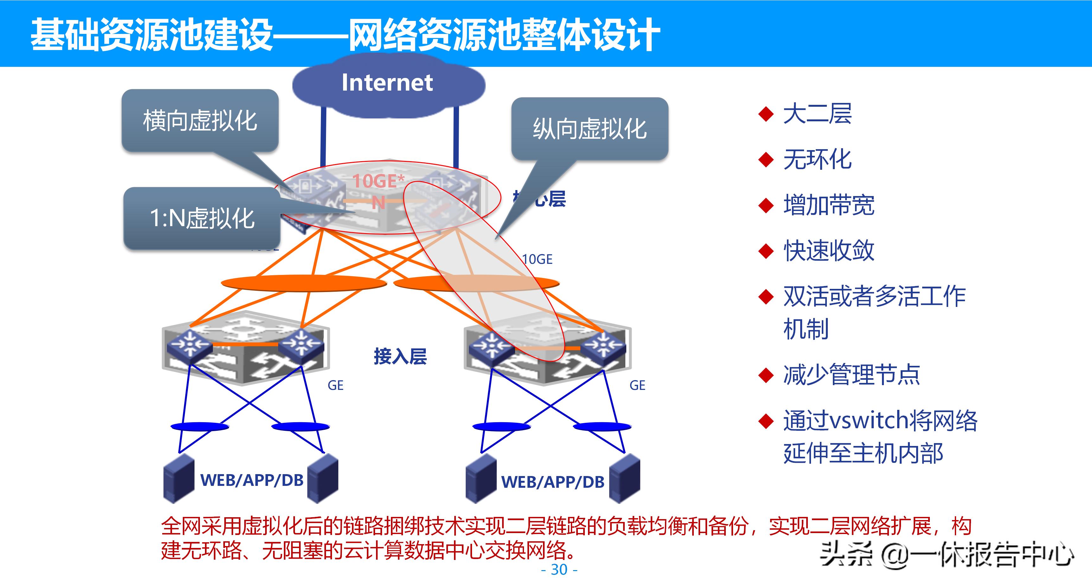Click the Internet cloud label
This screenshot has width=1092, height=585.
click(x=387, y=82)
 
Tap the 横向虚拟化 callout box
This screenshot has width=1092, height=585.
click(x=200, y=120)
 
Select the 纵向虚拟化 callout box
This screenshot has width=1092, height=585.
click(x=590, y=129)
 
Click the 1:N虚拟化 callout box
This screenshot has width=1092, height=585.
click(x=202, y=218)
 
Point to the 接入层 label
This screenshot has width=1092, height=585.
click(x=400, y=356)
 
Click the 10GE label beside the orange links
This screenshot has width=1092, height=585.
click(x=537, y=259)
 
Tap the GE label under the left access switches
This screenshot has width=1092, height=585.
click(x=335, y=385)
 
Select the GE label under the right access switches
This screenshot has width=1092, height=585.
click(x=637, y=385)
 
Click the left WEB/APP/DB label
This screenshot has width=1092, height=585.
click(x=252, y=480)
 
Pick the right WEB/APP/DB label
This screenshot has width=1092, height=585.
click(x=553, y=482)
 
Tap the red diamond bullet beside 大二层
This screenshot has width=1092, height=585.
click(x=766, y=114)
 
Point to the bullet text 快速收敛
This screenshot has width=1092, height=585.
click(x=829, y=251)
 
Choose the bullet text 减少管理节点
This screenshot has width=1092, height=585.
click(x=851, y=375)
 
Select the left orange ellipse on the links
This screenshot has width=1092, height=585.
click(x=303, y=283)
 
